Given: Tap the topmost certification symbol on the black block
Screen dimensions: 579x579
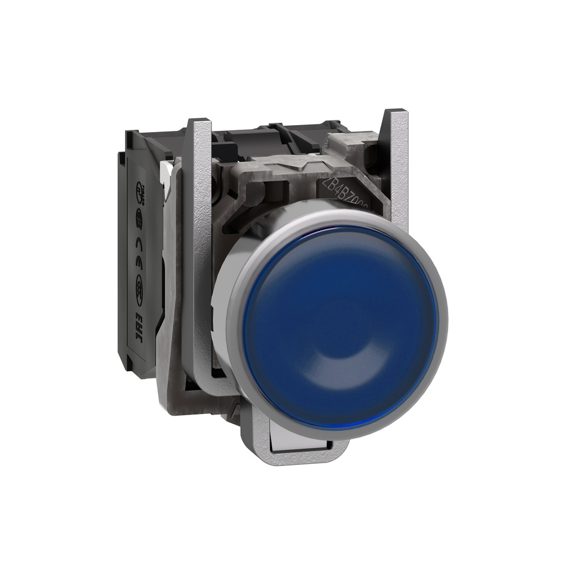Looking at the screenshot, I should (141, 190).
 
